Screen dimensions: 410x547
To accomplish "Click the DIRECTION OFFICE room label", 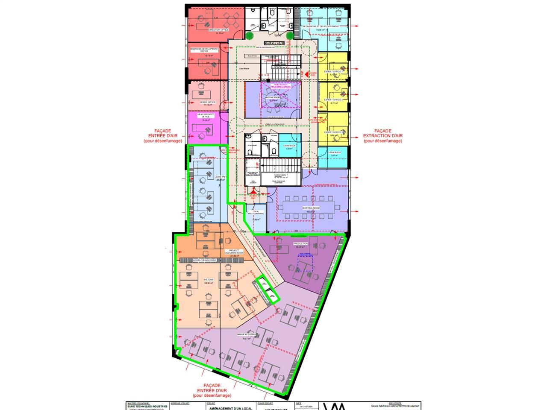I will pos(218,30).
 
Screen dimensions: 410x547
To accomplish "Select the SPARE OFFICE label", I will pos(208,102).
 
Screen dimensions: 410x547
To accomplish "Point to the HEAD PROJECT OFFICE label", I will pos(206,115).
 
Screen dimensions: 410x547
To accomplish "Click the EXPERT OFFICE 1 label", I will pos(334,71).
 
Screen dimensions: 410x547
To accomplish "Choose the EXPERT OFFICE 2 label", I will pos(334,100).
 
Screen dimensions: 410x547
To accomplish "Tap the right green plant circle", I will pos(290,35).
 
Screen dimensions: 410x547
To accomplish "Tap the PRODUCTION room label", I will pos(300,243).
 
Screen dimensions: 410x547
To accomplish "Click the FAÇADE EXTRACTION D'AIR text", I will pos(382,136).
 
